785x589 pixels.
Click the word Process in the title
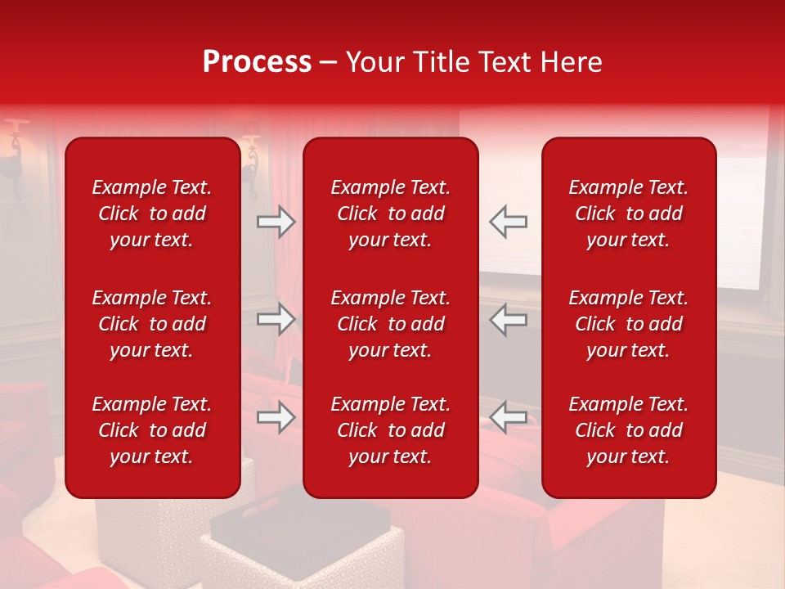pyautogui.click(x=257, y=62)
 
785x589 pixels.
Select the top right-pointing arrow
pyautogui.click(x=276, y=222)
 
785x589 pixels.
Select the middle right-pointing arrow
pyautogui.click(x=276, y=319)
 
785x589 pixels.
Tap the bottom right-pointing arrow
pyautogui.click(x=276, y=417)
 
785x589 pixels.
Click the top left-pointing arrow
pyautogui.click(x=509, y=222)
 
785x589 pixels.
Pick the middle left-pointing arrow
pyautogui.click(x=509, y=319)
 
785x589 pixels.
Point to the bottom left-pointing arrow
pyautogui.click(x=509, y=417)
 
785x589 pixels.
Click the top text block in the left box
pyautogui.click(x=152, y=214)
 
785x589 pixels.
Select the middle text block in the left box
pyautogui.click(x=152, y=324)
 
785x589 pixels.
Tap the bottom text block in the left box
pyautogui.click(x=152, y=430)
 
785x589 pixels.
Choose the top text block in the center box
pyautogui.click(x=390, y=214)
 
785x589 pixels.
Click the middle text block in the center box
pyautogui.click(x=390, y=324)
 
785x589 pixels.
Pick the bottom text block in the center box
pyautogui.click(x=390, y=430)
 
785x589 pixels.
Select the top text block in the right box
pyautogui.click(x=628, y=214)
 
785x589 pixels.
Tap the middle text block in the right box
pyautogui.click(x=628, y=324)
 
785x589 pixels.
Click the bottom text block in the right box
pyautogui.click(x=628, y=430)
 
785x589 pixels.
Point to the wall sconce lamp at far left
pyautogui.click(x=15, y=155)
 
